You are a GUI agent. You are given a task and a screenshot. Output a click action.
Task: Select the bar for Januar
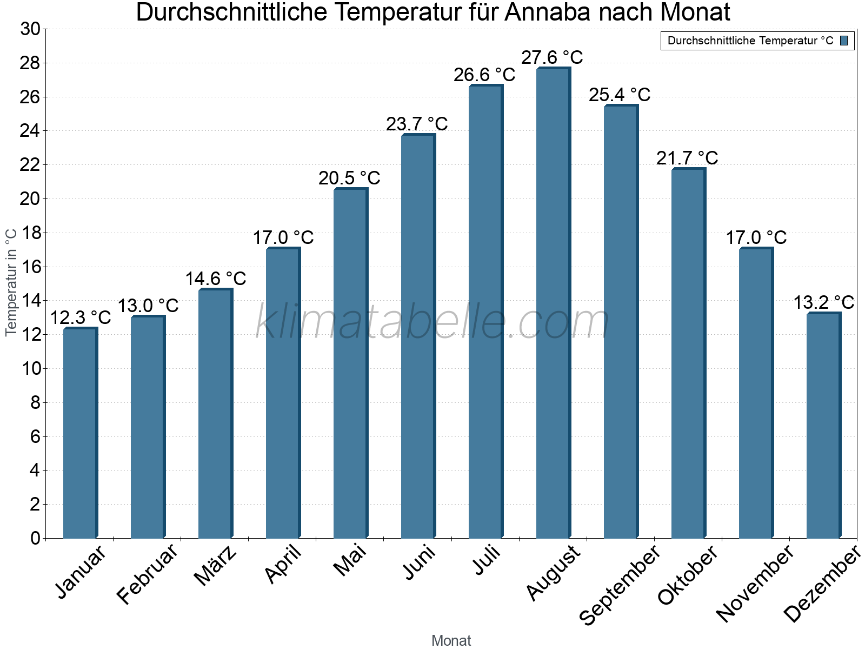coord(80,433)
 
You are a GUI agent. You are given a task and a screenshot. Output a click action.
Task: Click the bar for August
coord(553,303)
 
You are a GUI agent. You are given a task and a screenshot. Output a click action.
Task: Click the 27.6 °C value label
coord(552,57)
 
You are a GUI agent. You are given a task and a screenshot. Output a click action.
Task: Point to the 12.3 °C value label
coord(81,317)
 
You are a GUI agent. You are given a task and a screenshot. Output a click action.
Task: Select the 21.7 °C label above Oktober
coord(687,158)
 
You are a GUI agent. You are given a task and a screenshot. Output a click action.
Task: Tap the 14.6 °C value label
coord(216,279)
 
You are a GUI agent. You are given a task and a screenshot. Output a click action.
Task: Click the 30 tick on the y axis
coord(30,29)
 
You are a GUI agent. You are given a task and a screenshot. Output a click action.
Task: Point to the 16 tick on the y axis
coord(30,267)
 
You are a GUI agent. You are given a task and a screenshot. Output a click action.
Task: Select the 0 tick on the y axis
coord(35,538)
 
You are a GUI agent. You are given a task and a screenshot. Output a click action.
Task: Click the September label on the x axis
coord(620,584)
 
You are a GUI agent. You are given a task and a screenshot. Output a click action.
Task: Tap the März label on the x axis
coord(216,566)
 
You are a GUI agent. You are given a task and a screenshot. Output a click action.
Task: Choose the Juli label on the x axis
coord(487,560)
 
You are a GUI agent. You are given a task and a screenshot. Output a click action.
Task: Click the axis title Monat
coord(451,640)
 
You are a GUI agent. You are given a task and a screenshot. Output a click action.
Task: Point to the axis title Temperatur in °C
coord(11,282)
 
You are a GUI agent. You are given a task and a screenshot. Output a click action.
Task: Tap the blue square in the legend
coord(844,41)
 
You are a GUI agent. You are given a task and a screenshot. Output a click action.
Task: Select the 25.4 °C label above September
coord(620,95)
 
